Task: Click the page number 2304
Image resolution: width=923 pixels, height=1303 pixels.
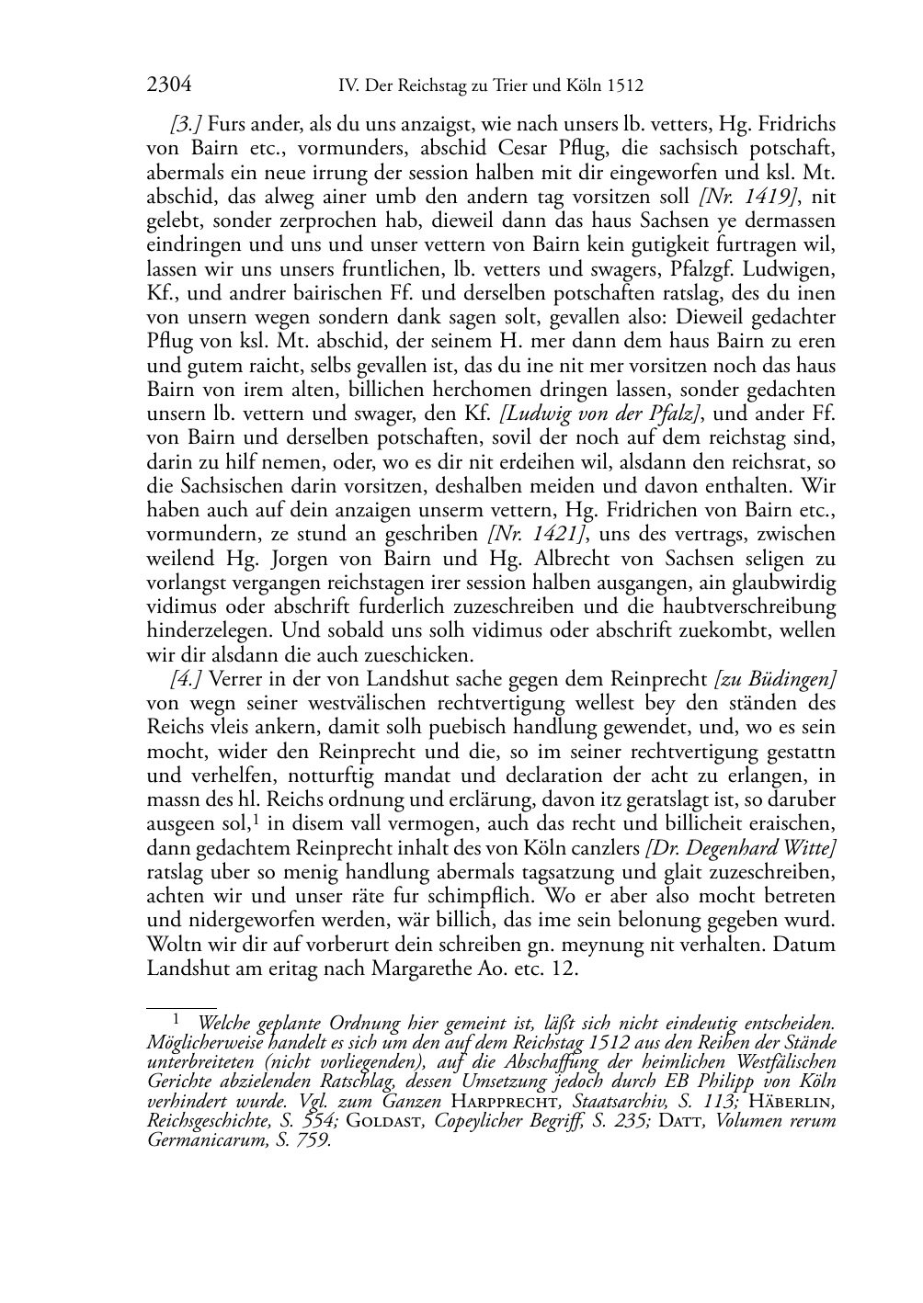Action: point(169,85)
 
